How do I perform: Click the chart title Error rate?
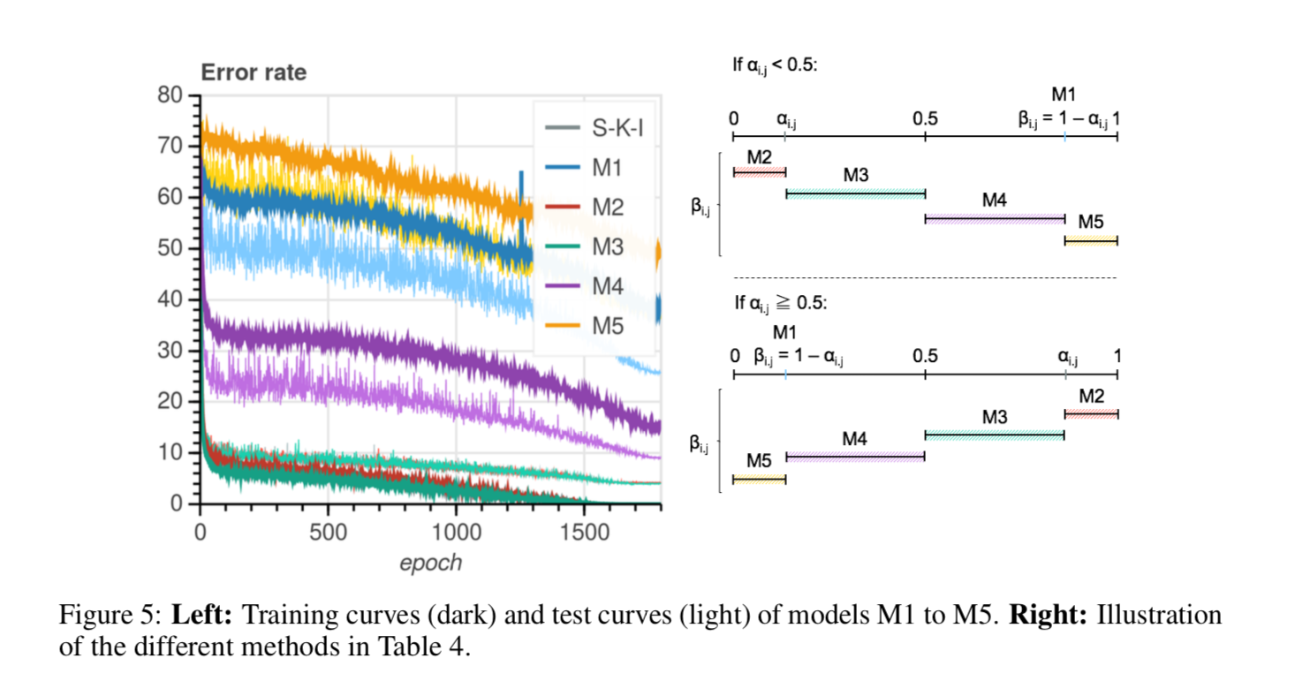click(x=254, y=72)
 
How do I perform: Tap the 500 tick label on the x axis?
click(x=328, y=533)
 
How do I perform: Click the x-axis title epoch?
click(x=430, y=563)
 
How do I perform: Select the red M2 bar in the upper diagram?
click(x=760, y=171)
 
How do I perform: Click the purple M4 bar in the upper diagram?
click(x=995, y=218)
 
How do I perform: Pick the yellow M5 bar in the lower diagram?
click(x=759, y=479)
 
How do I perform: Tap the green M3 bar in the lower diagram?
click(x=994, y=435)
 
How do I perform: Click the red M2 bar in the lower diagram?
click(x=1091, y=413)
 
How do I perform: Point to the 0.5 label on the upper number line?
click(x=925, y=117)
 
